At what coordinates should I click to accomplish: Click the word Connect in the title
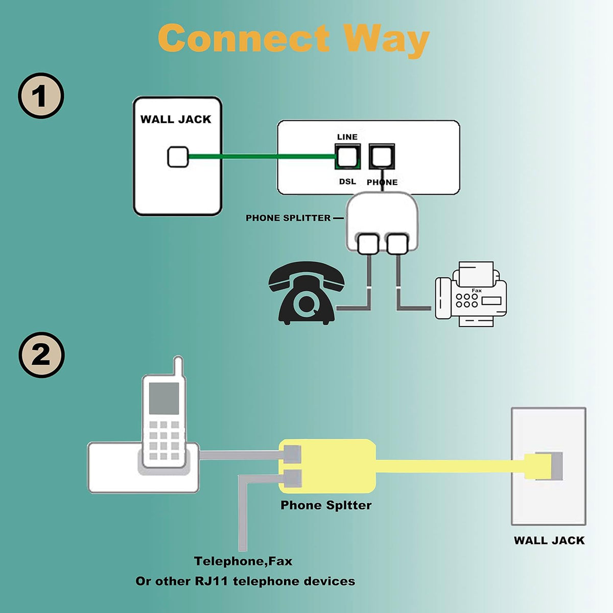click(244, 39)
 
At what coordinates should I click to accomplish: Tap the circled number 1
click(41, 96)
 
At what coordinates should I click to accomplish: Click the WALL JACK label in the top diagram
click(176, 120)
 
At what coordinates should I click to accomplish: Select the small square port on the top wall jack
click(178, 157)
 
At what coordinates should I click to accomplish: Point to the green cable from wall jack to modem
click(261, 157)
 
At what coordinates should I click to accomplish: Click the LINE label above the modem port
click(347, 137)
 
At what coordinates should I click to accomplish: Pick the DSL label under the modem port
click(347, 182)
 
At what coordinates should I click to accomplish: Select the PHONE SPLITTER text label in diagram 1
click(288, 218)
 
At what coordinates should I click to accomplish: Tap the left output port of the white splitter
click(368, 244)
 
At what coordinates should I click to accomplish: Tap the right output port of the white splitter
click(397, 244)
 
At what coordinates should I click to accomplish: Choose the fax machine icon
click(470, 295)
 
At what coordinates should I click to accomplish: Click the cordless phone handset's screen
click(163, 398)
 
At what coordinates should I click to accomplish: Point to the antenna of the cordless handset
click(178, 366)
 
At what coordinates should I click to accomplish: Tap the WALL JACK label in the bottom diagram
click(549, 540)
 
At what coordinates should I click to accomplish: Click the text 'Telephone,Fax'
click(243, 561)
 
